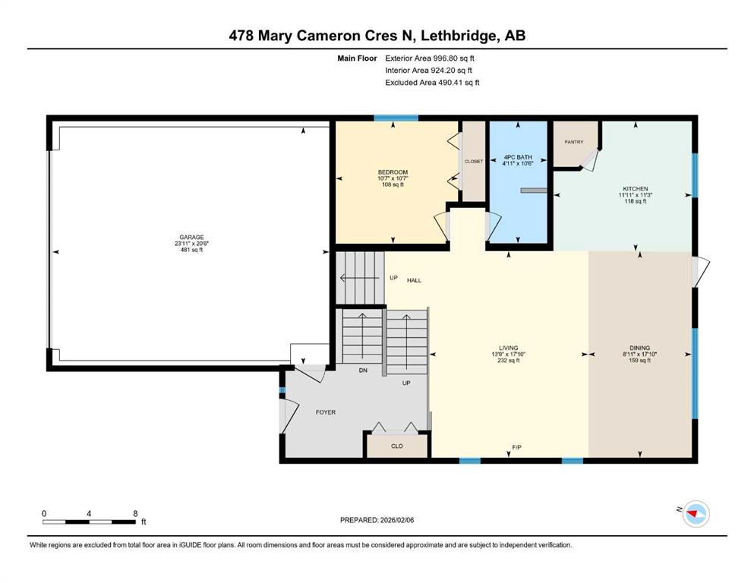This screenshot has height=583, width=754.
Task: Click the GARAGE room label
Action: [x=191, y=237]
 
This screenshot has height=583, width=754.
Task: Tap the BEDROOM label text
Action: [x=393, y=172]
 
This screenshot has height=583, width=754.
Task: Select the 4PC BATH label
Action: [x=518, y=157]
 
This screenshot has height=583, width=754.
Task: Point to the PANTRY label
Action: [x=574, y=142]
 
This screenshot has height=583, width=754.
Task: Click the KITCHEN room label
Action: [x=636, y=189]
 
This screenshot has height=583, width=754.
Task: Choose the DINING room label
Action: [x=639, y=348]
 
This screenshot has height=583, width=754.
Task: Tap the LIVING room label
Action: [x=508, y=348]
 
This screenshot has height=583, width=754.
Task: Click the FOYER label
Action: [x=326, y=412]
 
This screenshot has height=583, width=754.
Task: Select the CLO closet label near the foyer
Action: [x=396, y=446]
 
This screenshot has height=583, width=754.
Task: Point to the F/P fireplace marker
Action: [x=516, y=447]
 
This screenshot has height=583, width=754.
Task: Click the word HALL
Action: [x=414, y=280]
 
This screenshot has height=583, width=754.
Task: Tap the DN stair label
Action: [x=363, y=370]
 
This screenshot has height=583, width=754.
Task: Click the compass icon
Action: [x=696, y=514]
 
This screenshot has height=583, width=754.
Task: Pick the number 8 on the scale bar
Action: [x=136, y=513]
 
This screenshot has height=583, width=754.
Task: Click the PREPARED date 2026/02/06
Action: [x=396, y=520]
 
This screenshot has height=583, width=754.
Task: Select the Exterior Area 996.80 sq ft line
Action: [x=430, y=58]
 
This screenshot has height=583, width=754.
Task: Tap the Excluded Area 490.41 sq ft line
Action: [x=432, y=82]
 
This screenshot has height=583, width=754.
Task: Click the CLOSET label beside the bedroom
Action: [x=474, y=161]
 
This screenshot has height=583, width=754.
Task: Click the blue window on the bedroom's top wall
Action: [x=396, y=118]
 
